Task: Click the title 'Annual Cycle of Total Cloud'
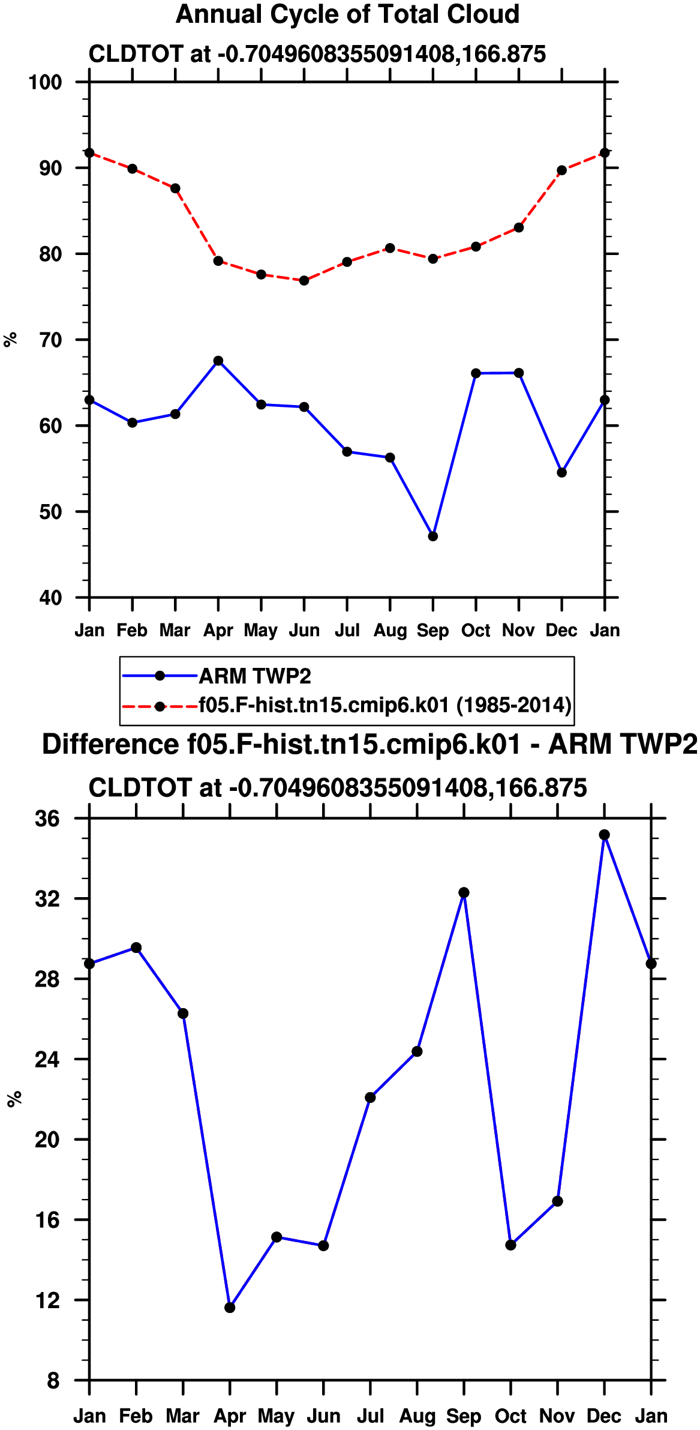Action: [347, 14]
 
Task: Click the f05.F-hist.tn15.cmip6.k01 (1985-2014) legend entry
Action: [347, 705]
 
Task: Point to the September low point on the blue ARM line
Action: [433, 536]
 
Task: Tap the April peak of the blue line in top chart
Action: [218, 361]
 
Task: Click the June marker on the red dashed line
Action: [304, 280]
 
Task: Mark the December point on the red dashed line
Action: [562, 170]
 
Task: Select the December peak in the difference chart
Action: [605, 835]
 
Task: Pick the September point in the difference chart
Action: [464, 892]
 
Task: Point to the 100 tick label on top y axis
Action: [46, 82]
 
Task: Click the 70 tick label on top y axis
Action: [51, 340]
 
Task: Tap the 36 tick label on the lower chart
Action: [47, 819]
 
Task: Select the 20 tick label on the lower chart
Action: [47, 1140]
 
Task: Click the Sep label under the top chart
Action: [433, 631]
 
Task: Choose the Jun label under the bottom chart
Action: [324, 1416]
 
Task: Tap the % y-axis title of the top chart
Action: [10, 340]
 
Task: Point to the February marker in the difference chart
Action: [136, 948]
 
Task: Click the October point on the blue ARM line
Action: [476, 373]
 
